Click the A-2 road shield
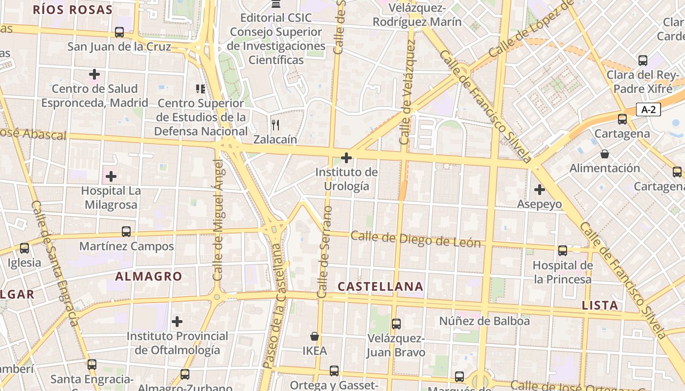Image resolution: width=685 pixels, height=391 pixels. pos(648,109)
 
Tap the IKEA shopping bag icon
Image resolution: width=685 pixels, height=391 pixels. pos(315,336)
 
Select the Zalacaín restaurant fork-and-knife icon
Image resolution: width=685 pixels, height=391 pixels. pos(275,125)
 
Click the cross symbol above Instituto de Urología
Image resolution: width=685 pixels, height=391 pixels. pos(346,158)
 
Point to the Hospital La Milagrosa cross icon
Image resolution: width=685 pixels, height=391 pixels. pos(111,176)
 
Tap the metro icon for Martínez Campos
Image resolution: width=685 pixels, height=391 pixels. pos(126,232)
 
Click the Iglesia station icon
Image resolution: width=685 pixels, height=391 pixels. pos(24,248)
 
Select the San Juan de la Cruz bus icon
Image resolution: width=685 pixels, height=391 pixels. pos(119,32)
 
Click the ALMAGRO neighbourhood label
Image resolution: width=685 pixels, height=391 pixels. pos(149,276)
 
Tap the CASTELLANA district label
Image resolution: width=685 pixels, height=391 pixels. pos(380,286)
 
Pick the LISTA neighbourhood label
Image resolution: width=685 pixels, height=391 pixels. pos(600,305)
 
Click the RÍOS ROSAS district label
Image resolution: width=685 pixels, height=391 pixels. pos(73,9)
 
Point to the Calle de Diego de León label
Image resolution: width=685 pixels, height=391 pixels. pos(415,239)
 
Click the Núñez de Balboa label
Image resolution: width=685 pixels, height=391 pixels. pos(484,321)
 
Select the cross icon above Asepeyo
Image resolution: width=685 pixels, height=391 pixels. pos(540,190)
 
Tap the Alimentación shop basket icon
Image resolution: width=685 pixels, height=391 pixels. pos(605,154)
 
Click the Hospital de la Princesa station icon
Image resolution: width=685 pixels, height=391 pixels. pos(563,251)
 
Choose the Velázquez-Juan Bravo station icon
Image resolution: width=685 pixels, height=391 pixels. pos(396,324)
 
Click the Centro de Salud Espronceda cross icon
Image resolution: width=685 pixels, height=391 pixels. pos(94,74)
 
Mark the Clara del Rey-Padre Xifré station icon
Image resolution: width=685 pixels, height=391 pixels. pos(643,61)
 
